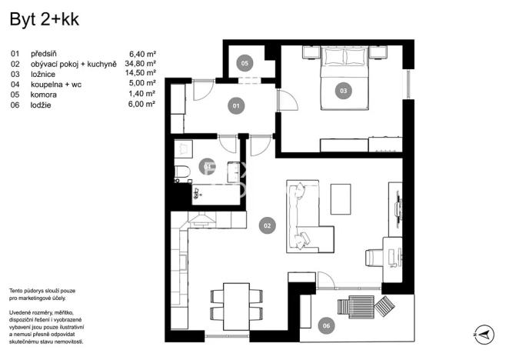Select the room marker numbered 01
(237, 105)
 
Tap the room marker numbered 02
(267, 225)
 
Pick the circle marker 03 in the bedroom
(343, 90)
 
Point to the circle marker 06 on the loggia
(327, 326)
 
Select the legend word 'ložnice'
(43, 73)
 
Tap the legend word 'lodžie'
(42, 103)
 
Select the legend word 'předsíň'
(45, 53)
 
